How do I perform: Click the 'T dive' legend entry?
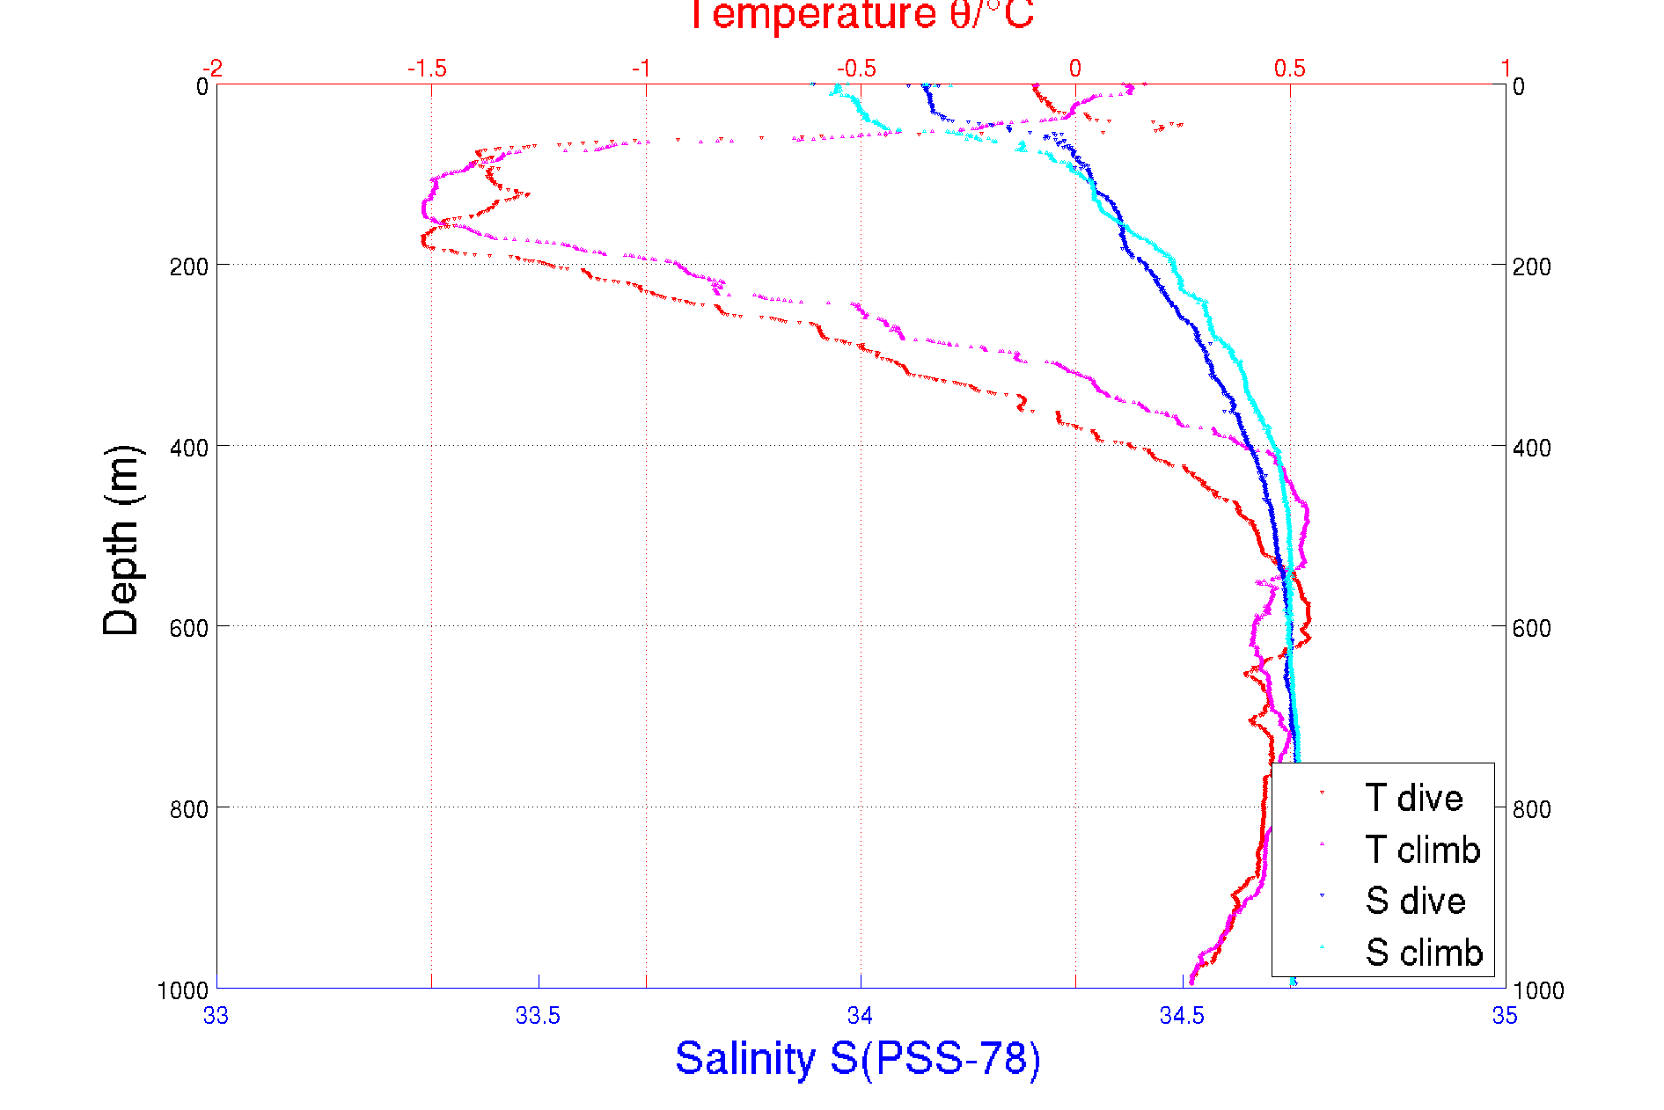tap(1413, 798)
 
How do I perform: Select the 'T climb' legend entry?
tap(1422, 850)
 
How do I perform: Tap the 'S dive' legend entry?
tap(1415, 901)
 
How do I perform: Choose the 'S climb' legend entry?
tap(1424, 953)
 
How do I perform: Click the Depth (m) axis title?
tap(121, 540)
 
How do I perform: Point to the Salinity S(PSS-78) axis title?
tap(858, 1058)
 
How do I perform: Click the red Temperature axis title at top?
tap(861, 16)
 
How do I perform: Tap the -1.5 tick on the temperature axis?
tap(428, 69)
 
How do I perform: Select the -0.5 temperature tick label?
tap(856, 69)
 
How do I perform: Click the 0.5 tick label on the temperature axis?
tap(1290, 69)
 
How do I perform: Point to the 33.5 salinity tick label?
tap(538, 1016)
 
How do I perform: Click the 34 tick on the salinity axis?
tap(860, 1016)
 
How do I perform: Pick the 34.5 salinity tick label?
tap(1182, 1016)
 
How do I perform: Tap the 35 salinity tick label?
tap(1505, 1016)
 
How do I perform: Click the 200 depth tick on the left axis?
tap(189, 267)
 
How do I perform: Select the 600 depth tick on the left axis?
tap(189, 628)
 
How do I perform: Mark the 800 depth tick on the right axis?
tap(1531, 809)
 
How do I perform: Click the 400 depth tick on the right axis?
tap(1531, 448)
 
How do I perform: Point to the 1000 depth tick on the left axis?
tap(183, 990)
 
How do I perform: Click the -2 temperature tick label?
tap(212, 69)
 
